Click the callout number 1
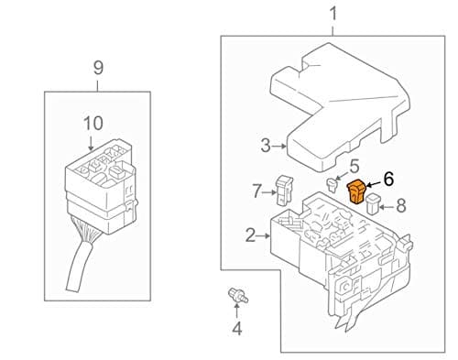[333, 15]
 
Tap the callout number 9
[98, 68]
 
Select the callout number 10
[93, 124]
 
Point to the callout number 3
[266, 146]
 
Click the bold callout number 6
[388, 179]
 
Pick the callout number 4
[237, 329]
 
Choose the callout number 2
[250, 235]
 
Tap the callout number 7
[257, 191]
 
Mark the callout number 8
[401, 205]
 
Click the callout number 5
[354, 167]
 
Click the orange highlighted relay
[356, 191]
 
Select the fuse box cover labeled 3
[340, 107]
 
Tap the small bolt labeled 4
[238, 296]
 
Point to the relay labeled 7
[284, 190]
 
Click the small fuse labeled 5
[332, 185]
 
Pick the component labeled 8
[373, 203]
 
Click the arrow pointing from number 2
[264, 236]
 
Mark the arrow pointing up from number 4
[236, 311]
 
